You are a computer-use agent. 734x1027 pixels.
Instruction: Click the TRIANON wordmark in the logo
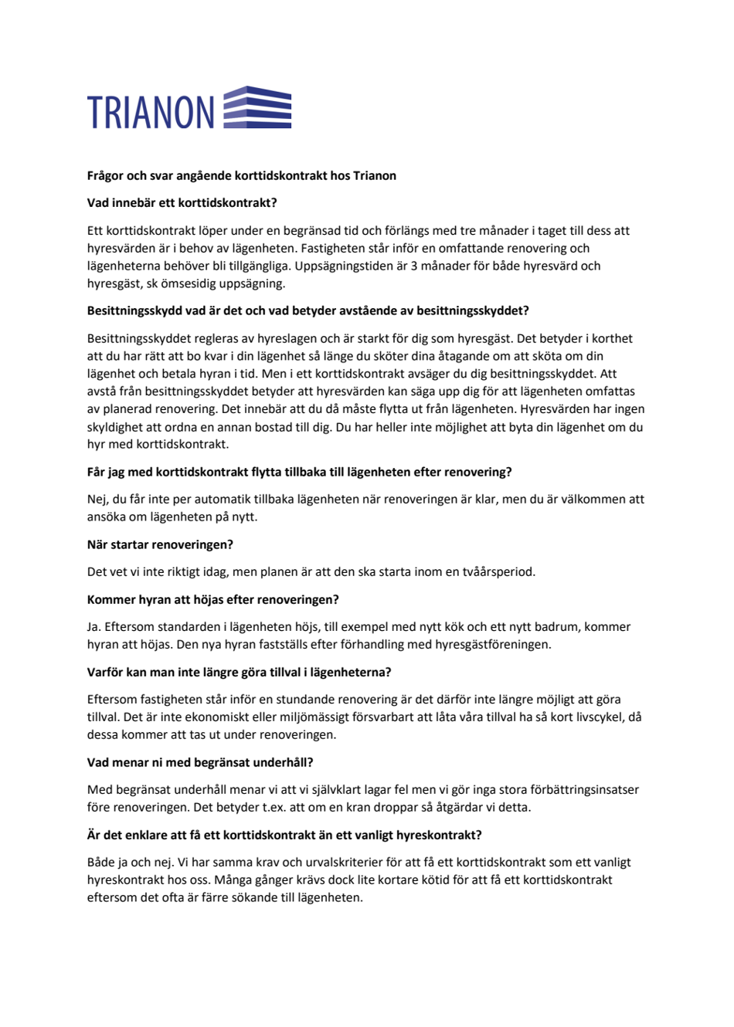[151, 112]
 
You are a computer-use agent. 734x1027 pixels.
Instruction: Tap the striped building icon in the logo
[257, 107]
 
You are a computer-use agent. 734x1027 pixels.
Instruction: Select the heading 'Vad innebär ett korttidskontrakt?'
[182, 203]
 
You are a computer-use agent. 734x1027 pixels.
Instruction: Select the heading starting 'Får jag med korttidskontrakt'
[299, 472]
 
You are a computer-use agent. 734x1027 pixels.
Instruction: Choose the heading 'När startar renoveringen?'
[160, 545]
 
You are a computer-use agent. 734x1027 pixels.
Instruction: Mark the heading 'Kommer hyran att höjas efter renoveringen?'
[213, 600]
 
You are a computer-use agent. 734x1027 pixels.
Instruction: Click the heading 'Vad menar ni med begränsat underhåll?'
[200, 763]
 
